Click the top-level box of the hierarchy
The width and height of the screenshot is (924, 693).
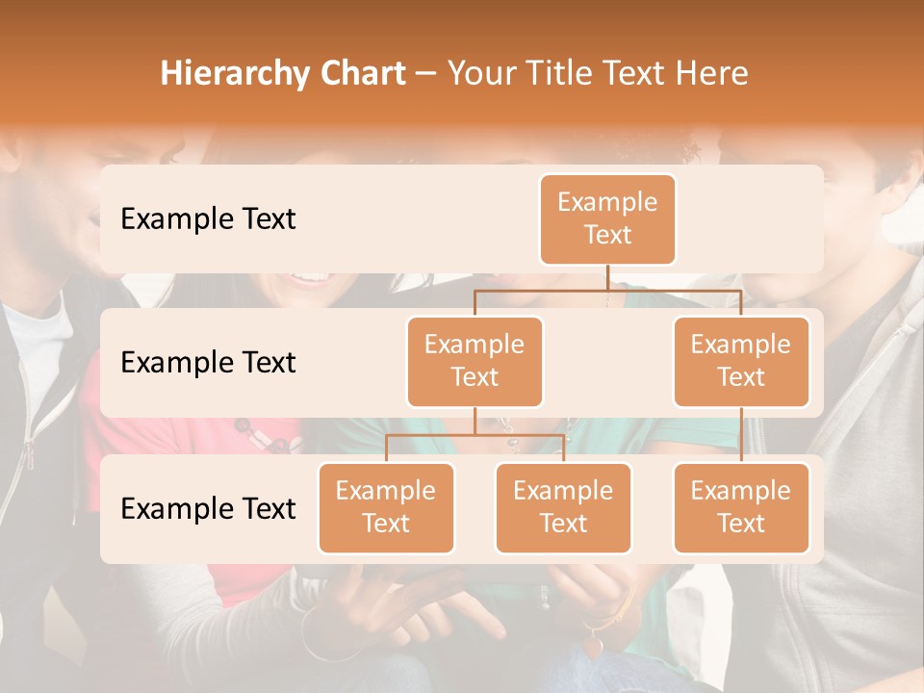click(607, 218)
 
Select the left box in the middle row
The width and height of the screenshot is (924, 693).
click(475, 361)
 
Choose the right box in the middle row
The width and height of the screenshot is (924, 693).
click(741, 361)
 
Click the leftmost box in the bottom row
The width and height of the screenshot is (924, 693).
click(386, 507)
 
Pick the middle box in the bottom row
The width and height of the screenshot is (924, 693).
click(563, 507)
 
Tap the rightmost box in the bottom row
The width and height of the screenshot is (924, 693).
click(741, 507)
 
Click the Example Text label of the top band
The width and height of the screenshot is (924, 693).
click(208, 218)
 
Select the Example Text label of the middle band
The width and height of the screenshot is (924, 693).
click(208, 362)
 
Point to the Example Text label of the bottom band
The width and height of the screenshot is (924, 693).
click(208, 508)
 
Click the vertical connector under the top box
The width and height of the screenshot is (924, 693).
click(607, 277)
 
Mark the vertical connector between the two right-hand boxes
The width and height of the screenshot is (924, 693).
click(741, 434)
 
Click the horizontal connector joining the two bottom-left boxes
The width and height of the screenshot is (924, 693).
click(475, 435)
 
